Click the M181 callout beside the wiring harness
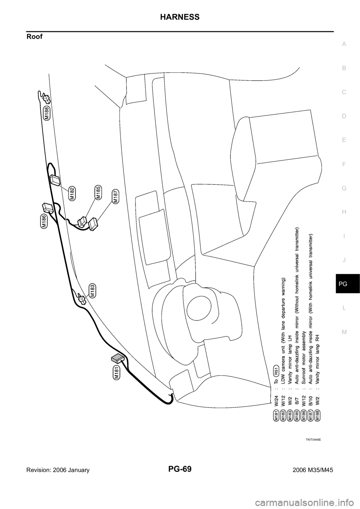point(116,373)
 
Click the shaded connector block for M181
point(118,359)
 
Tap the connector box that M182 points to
point(55,180)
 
